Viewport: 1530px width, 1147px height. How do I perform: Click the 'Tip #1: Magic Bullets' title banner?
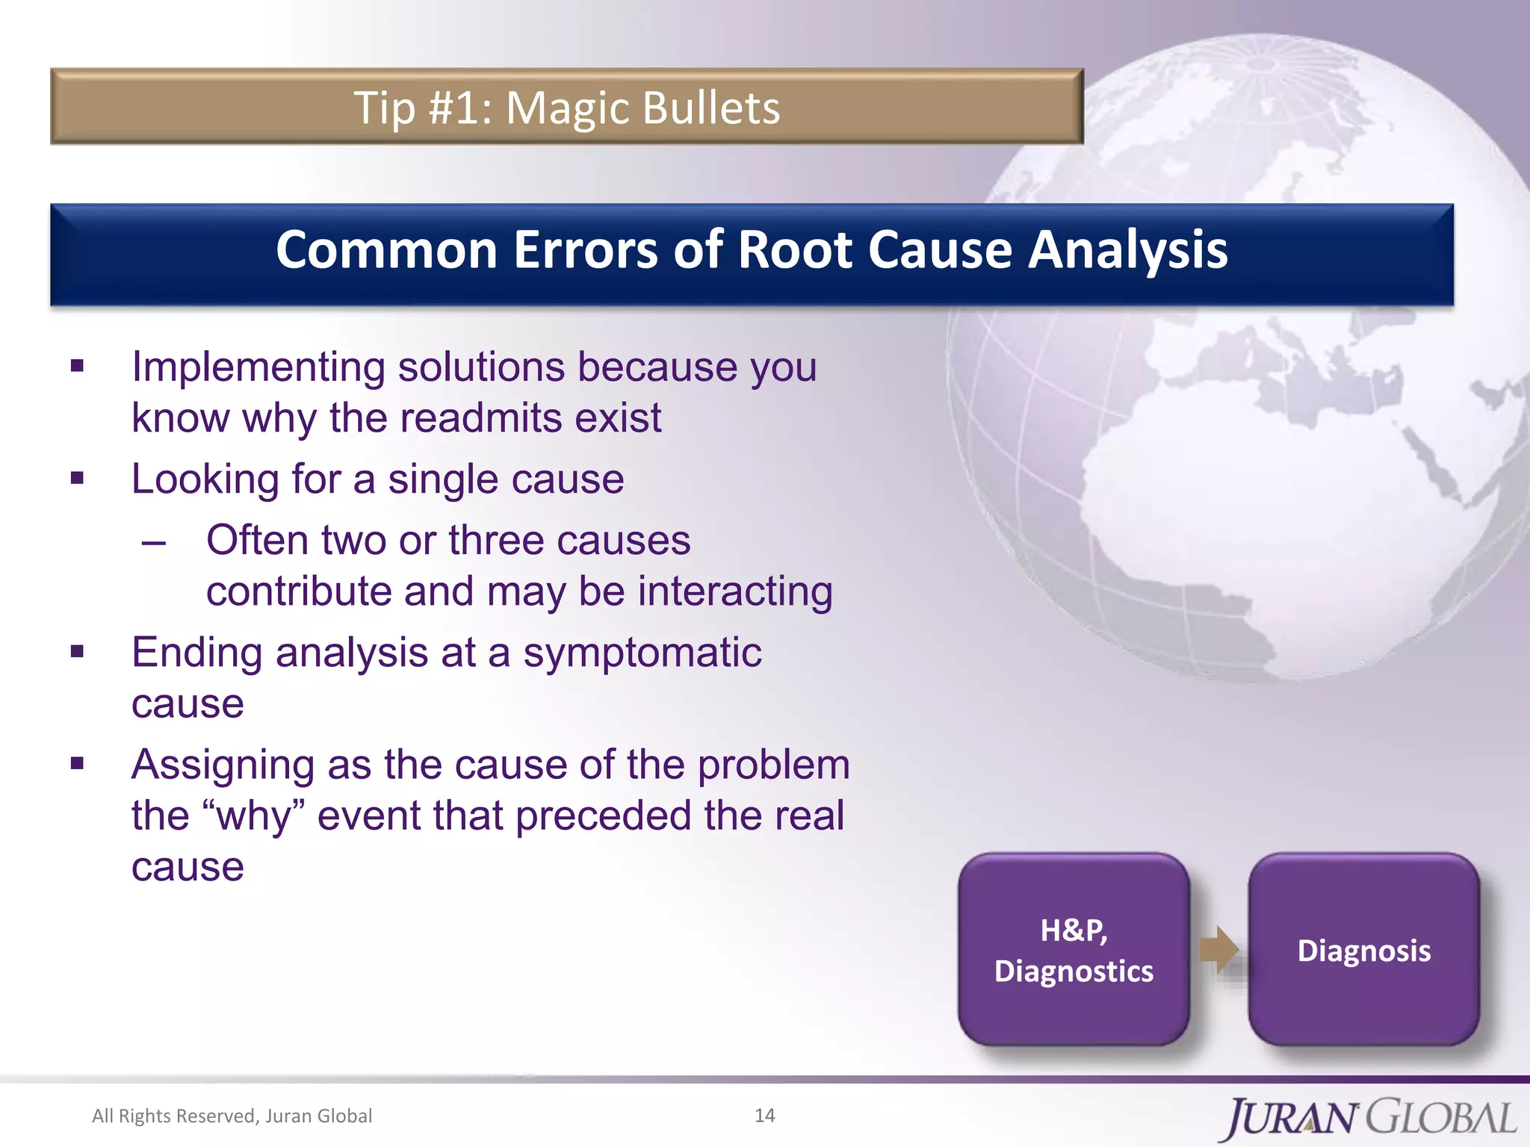coord(566,107)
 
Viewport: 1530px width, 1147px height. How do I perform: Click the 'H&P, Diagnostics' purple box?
coord(1074,950)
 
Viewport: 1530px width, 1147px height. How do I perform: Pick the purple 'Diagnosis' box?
coord(1363,950)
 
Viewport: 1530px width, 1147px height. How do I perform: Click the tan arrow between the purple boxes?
coord(1218,949)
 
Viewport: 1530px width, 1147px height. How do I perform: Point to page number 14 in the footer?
coord(764,1115)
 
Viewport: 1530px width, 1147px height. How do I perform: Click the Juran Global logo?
coord(1370,1117)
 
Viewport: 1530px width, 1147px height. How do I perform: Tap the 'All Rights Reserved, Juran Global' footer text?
coord(232,1116)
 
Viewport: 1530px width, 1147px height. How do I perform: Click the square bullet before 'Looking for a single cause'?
coord(78,478)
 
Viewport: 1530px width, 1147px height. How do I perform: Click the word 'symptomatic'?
coord(642,653)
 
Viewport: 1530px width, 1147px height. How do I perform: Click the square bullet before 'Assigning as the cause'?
coord(78,763)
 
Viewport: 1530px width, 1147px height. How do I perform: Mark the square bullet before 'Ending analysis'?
coord(78,651)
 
